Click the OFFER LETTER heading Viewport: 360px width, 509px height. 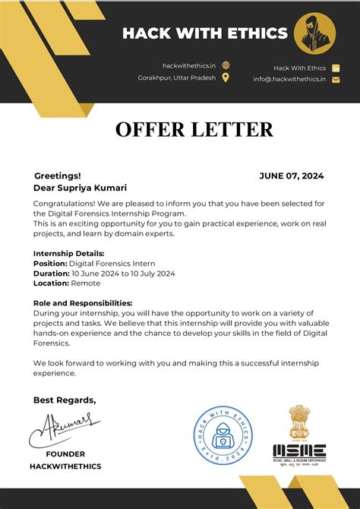(194, 130)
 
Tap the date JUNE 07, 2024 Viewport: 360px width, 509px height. (291, 175)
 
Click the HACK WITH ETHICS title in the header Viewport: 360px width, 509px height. (205, 33)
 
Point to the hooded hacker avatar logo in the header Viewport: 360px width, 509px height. (314, 33)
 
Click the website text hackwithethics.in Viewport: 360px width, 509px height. (189, 66)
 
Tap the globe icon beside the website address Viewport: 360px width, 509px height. (226, 66)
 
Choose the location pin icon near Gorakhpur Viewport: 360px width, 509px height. (226, 77)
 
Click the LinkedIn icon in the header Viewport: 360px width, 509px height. (336, 68)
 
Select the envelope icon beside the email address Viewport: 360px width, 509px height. (336, 80)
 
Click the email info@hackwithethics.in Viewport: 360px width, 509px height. (289, 80)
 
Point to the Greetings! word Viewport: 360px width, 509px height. (57, 175)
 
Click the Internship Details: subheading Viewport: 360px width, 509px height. (69, 253)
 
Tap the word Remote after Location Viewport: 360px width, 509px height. (85, 283)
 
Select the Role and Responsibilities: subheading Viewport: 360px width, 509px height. (83, 302)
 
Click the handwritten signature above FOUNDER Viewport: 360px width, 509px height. (65, 428)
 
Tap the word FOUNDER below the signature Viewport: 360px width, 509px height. (65, 454)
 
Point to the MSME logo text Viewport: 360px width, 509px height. (299, 450)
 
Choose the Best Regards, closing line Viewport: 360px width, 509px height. (65, 400)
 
